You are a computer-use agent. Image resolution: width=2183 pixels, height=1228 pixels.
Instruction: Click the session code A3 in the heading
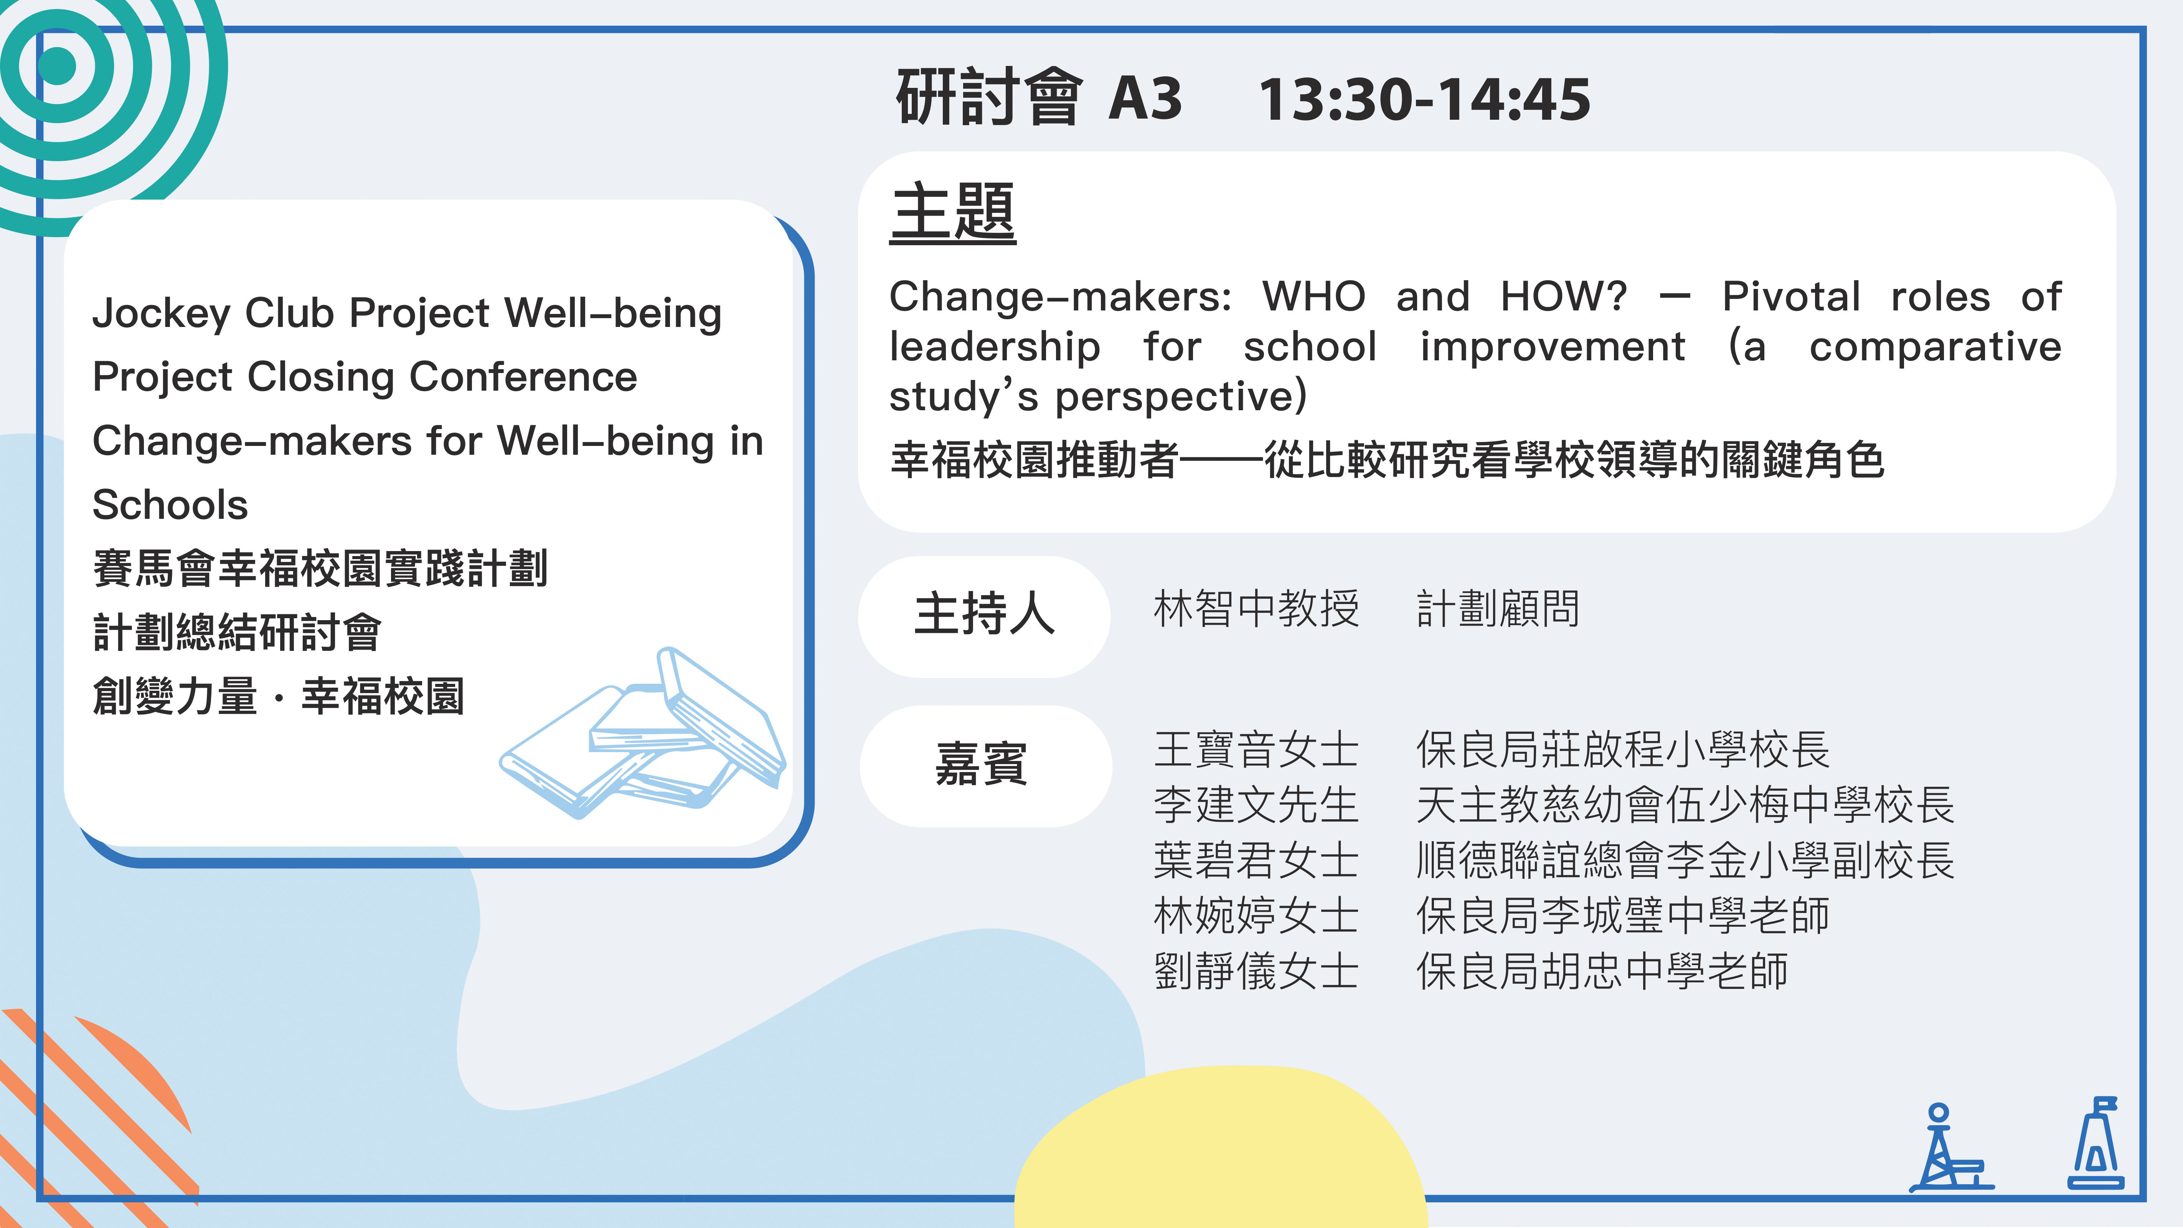pos(1145,98)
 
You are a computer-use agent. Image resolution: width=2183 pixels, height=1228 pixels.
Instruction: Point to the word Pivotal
pos(1792,297)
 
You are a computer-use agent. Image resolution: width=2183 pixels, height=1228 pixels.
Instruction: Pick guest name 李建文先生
pos(1256,804)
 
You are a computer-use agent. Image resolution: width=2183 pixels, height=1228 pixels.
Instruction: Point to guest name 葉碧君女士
pos(1256,860)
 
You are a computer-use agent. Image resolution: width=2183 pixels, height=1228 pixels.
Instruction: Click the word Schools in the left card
pos(170,505)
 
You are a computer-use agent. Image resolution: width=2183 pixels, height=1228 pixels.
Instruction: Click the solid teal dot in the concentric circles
pos(58,65)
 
